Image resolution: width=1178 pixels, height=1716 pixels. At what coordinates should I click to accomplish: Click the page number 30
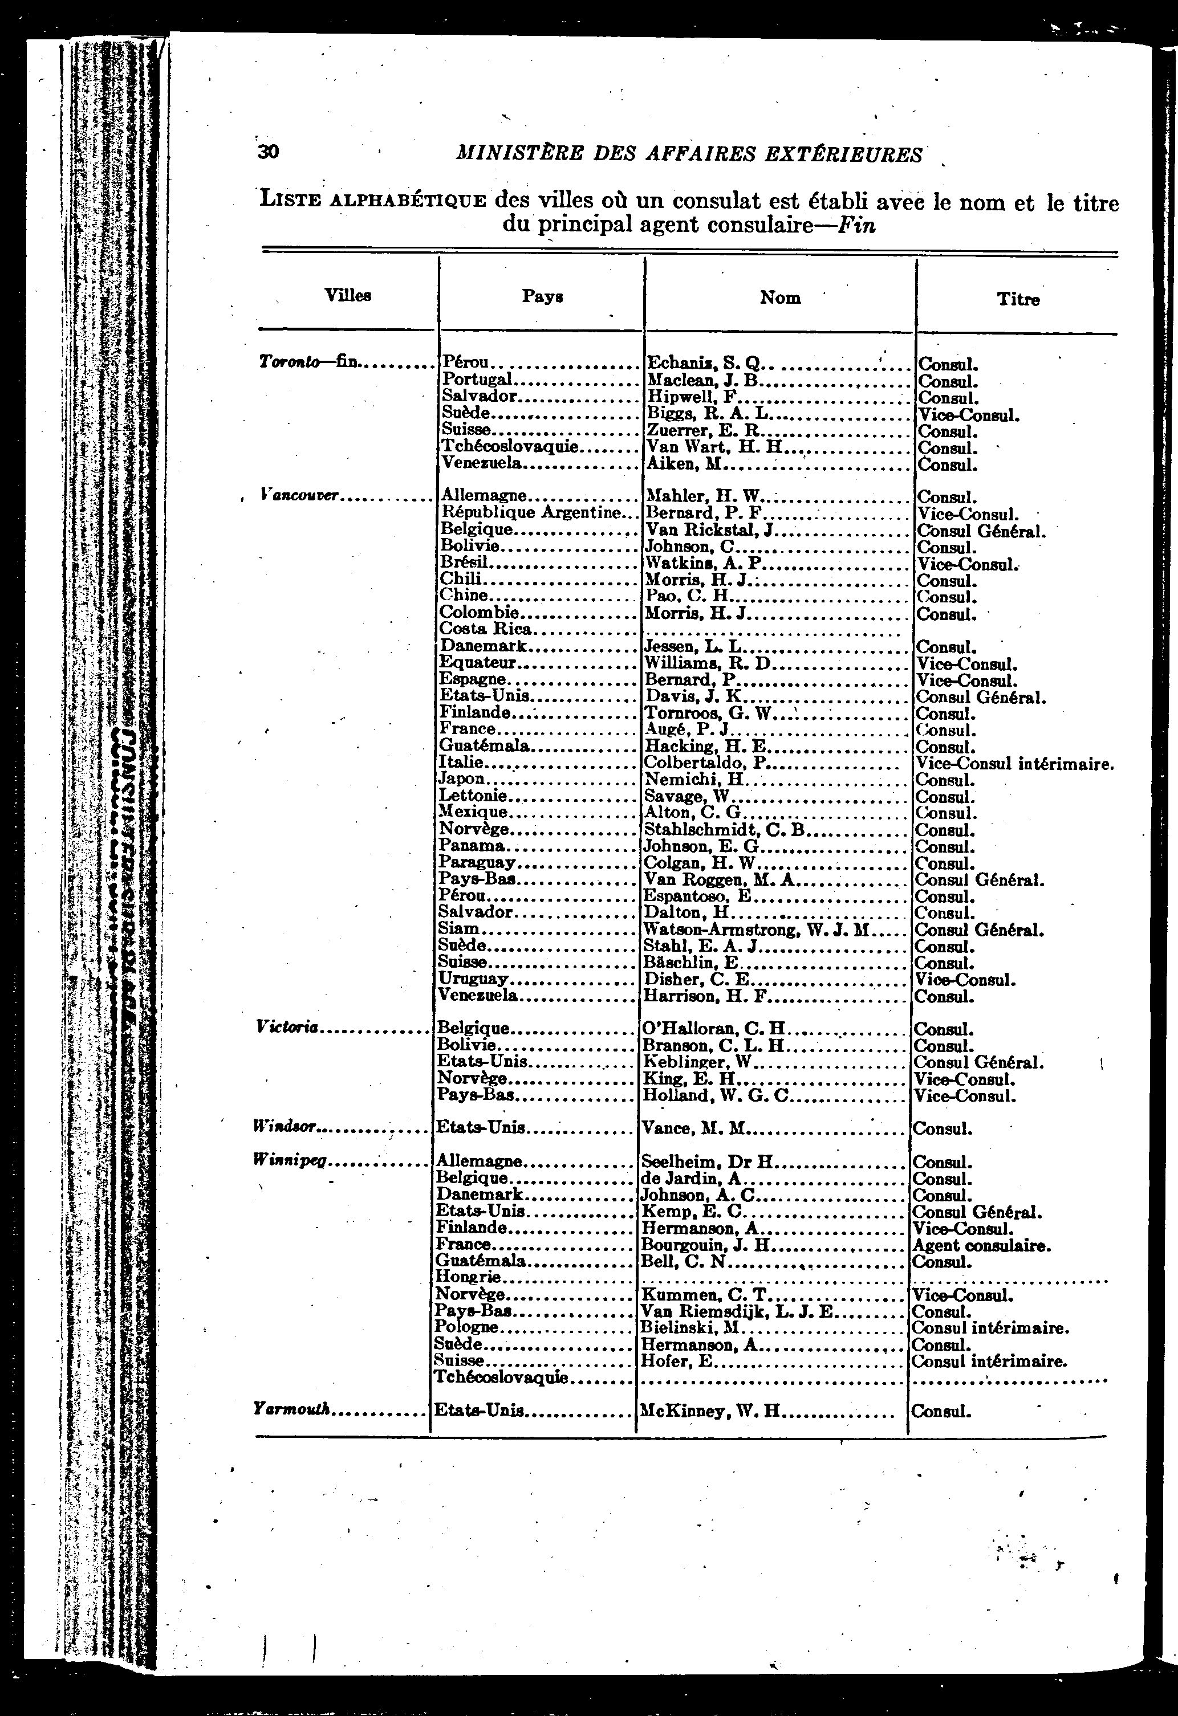268,152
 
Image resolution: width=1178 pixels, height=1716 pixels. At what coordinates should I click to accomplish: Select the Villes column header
348,295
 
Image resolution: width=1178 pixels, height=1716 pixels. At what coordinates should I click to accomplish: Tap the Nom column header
780,297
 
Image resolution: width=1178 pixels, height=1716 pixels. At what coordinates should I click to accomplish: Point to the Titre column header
1018,299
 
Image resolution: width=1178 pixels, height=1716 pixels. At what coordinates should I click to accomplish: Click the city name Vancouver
300,495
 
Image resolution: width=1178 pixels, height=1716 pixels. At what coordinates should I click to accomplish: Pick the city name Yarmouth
292,1409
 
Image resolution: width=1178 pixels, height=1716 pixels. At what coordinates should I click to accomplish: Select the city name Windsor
286,1127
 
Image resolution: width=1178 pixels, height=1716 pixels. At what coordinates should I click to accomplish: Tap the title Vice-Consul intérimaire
1014,764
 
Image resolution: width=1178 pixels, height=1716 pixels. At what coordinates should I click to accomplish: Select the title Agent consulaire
981,1246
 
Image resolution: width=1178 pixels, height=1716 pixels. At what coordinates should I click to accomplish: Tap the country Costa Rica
485,629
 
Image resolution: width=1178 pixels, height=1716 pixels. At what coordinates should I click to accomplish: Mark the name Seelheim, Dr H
707,1161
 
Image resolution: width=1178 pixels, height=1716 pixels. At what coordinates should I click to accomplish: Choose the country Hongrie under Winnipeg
468,1277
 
